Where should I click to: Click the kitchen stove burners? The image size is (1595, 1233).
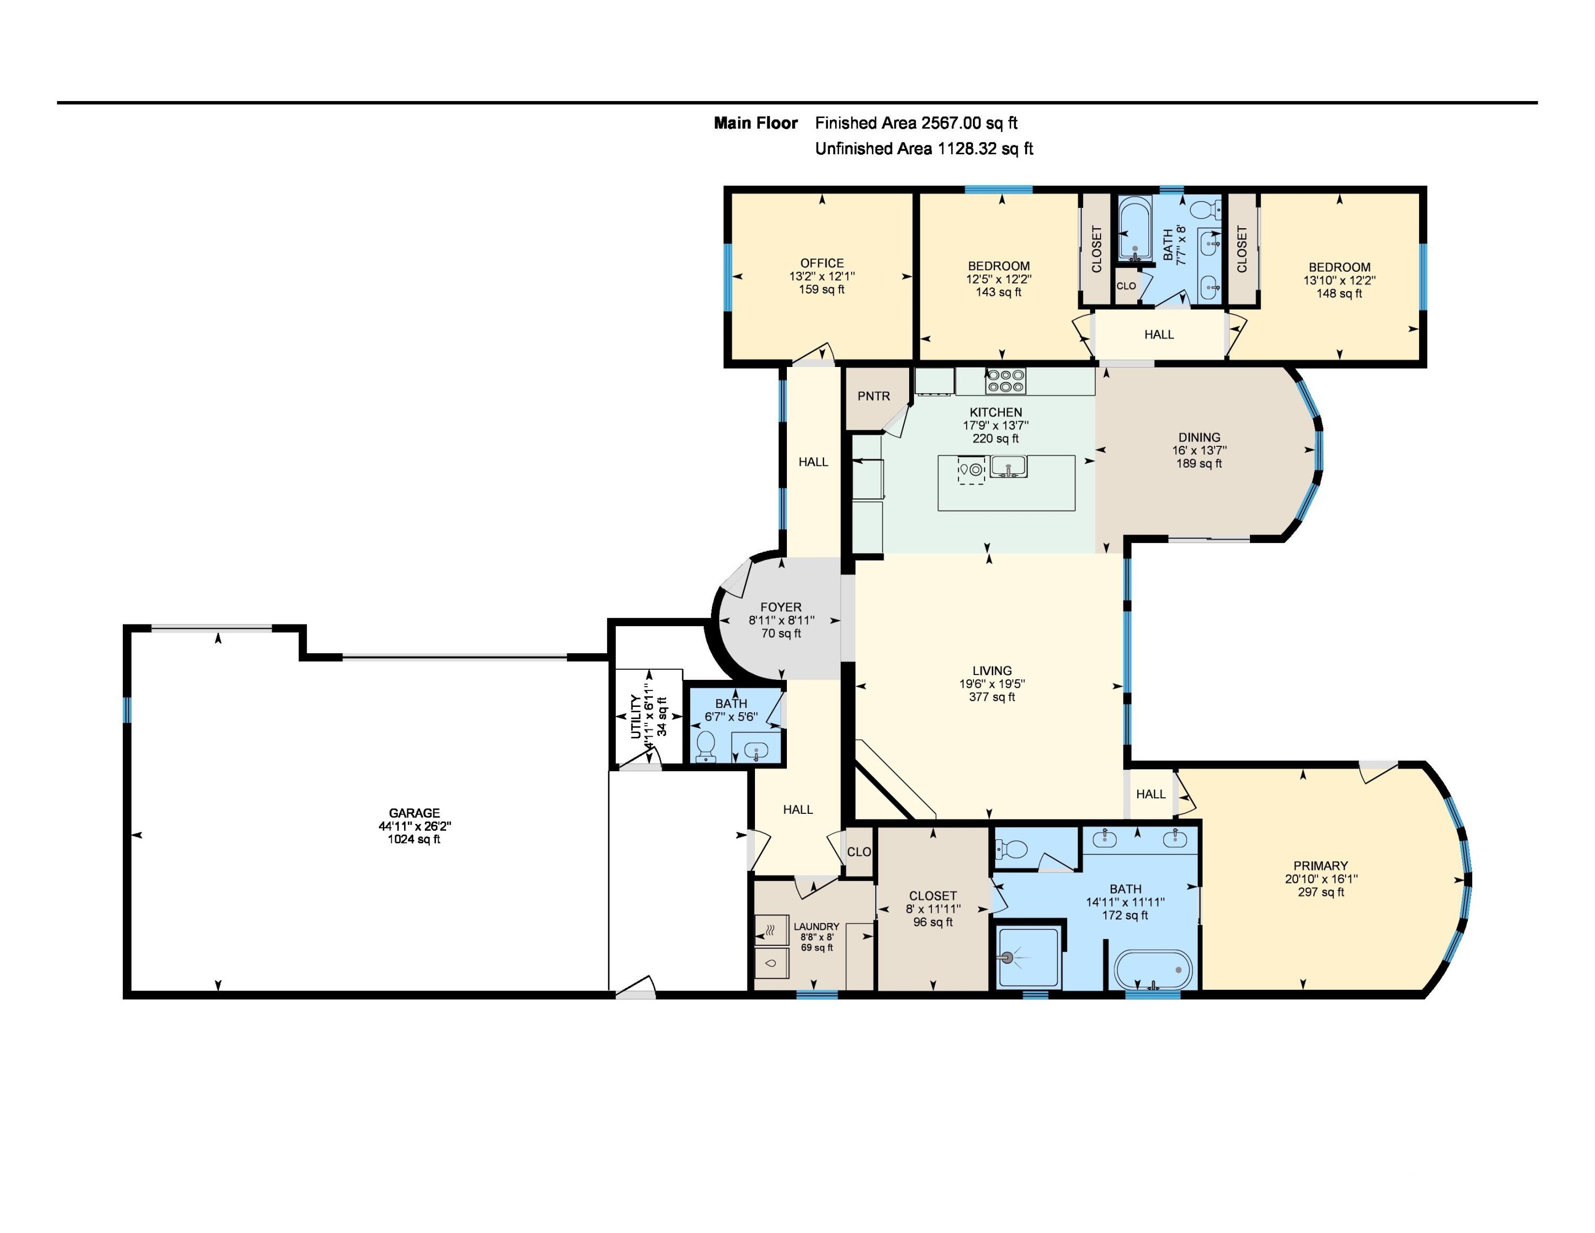[x=1005, y=380]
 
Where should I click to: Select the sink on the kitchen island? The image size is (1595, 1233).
[x=1008, y=465]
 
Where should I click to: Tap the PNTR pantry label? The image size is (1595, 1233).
[x=874, y=396]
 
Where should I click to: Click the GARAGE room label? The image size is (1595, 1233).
[x=414, y=812]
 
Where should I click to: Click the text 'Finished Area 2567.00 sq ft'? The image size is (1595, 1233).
[x=916, y=123]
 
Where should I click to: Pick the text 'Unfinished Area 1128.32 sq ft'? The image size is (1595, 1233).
[x=924, y=148]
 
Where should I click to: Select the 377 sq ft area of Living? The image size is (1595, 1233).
[x=992, y=697]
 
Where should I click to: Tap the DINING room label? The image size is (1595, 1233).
[x=1198, y=437]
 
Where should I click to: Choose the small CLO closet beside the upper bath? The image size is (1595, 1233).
[x=1126, y=286]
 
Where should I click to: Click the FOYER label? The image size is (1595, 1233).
[x=780, y=607]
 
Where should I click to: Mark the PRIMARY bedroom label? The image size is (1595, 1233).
[x=1321, y=865]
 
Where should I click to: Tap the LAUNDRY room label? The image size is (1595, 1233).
[x=817, y=926]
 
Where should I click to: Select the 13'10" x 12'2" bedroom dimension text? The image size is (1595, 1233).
[x=1339, y=280]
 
